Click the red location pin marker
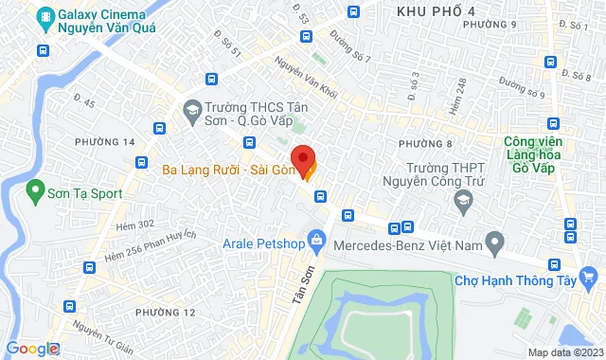(302, 156)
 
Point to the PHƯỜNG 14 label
(105, 141)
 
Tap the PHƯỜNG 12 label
(166, 313)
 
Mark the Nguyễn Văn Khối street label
(306, 79)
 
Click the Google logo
(32, 349)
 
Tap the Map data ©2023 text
(564, 352)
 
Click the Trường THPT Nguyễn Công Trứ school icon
(463, 200)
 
